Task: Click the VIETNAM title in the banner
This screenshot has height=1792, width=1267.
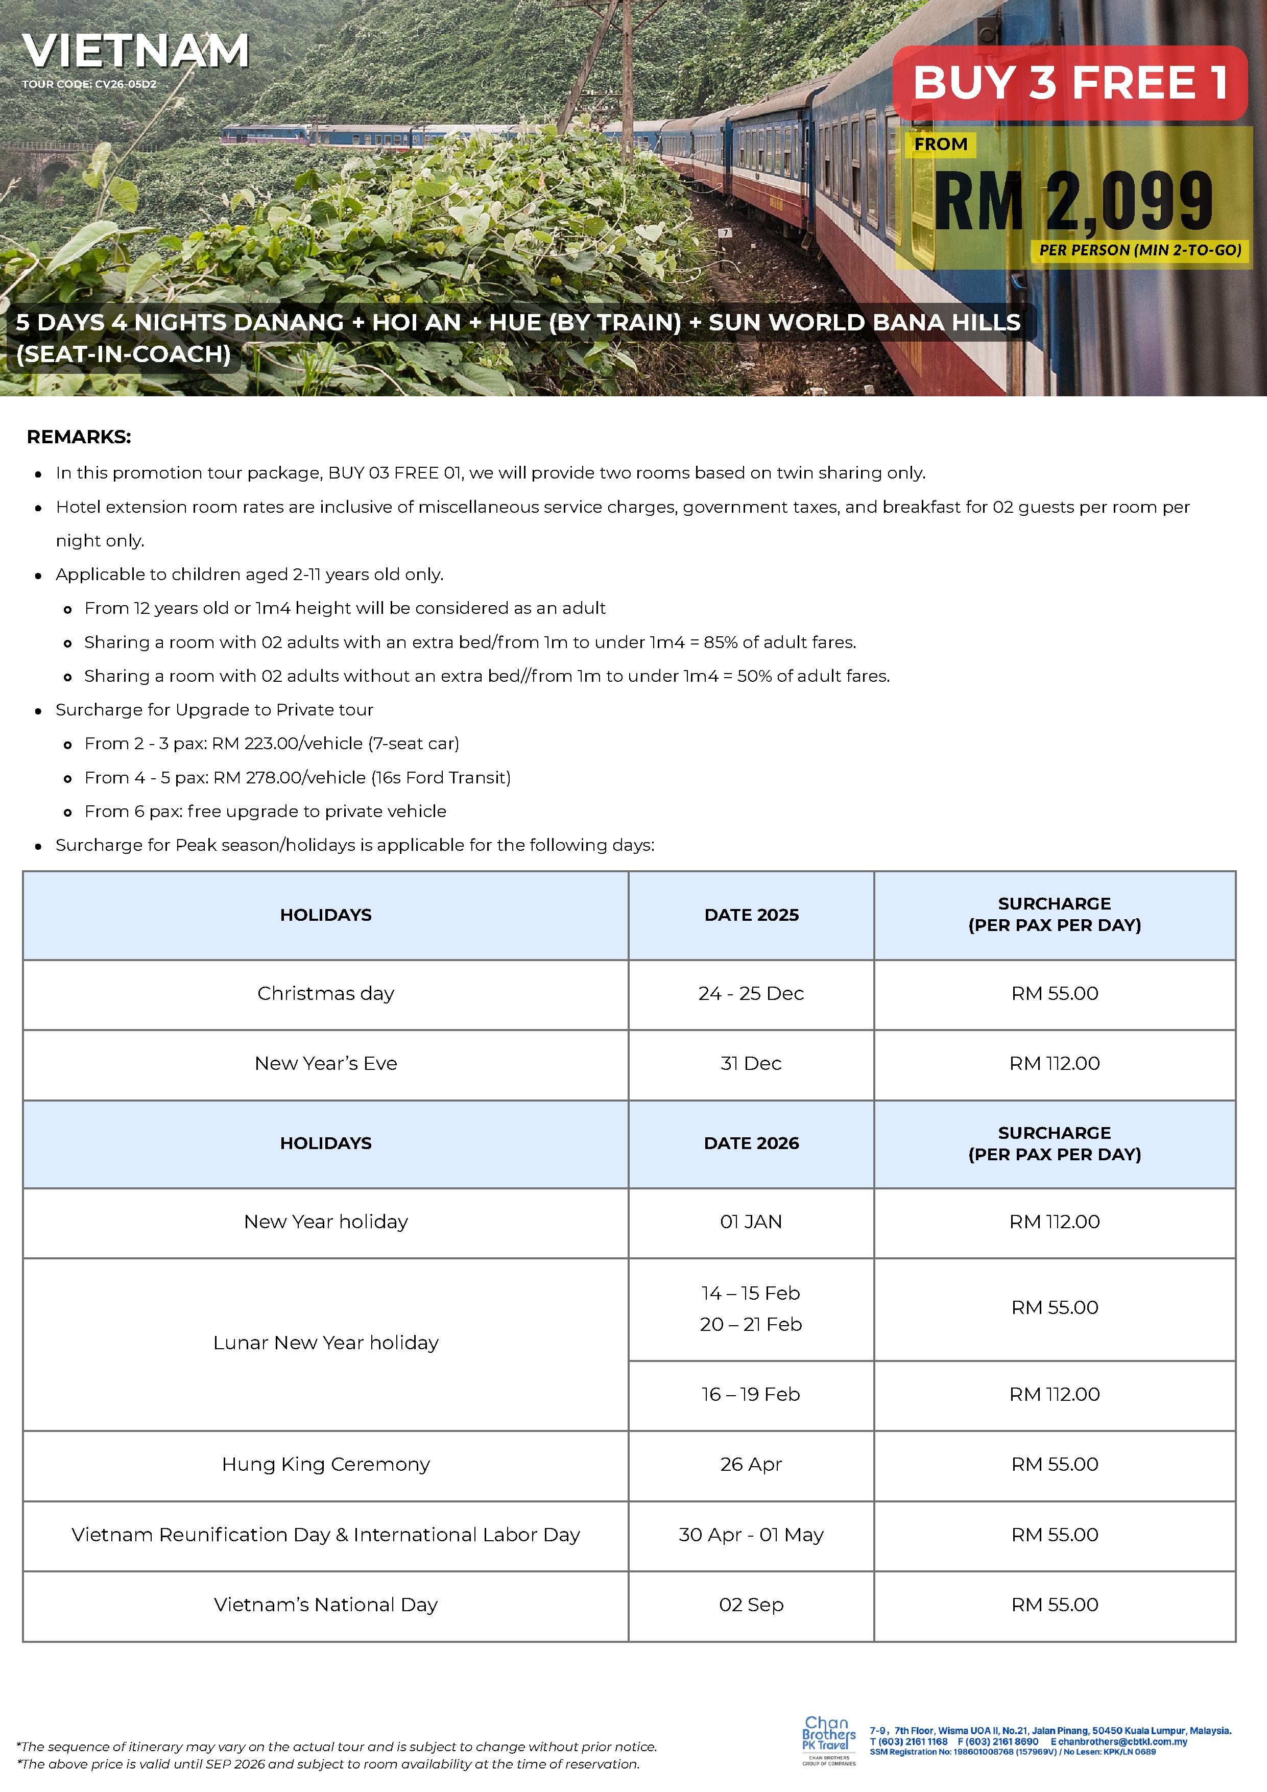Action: click(x=135, y=52)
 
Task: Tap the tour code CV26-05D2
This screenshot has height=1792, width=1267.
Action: click(x=89, y=84)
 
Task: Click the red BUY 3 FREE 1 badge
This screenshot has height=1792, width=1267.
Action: click(x=1069, y=83)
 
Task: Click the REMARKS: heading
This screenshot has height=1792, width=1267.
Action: click(x=79, y=437)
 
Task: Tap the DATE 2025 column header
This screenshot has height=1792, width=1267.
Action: click(x=751, y=915)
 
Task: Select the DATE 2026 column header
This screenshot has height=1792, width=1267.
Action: click(x=751, y=1143)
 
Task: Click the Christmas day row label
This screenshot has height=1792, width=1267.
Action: click(x=325, y=994)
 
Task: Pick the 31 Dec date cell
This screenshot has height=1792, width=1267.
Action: click(x=751, y=1063)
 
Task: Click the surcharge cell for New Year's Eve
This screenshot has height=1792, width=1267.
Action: click(x=1054, y=1063)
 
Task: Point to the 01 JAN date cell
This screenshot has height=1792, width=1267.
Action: click(x=751, y=1222)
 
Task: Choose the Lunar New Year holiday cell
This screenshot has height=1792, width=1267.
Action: click(x=325, y=1343)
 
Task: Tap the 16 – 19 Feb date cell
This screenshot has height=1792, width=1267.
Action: click(x=751, y=1394)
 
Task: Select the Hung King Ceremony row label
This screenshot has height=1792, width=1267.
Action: click(x=325, y=1464)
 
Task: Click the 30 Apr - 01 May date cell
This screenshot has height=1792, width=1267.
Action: click(x=751, y=1535)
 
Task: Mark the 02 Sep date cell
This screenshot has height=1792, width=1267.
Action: click(x=751, y=1605)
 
